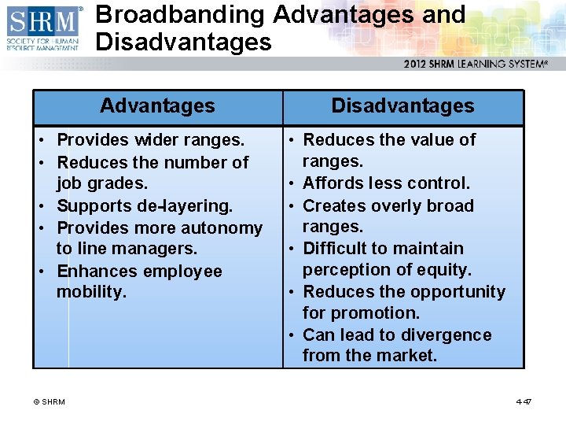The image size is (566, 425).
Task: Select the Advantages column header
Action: [x=157, y=106]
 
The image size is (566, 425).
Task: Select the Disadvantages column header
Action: [x=402, y=106]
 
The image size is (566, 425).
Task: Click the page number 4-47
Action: [x=524, y=402]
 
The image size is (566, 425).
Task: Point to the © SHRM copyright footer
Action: [x=49, y=402]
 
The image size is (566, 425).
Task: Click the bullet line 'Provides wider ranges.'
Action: [x=151, y=140]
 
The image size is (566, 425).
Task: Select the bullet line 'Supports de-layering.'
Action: [x=145, y=206]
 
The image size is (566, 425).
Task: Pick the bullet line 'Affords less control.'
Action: [x=386, y=183]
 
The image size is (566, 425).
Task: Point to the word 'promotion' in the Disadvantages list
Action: [x=374, y=313]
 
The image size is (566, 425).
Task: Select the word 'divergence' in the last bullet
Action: [x=447, y=335]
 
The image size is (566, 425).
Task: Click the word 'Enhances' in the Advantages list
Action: [x=93, y=272]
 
